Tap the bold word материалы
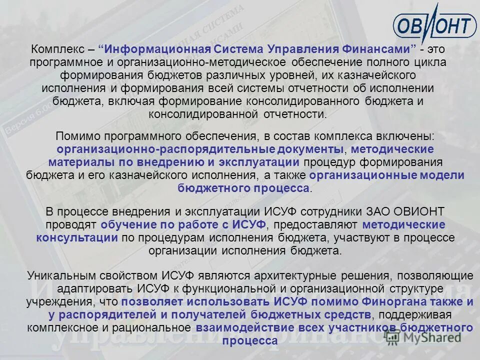click(x=81, y=162)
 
